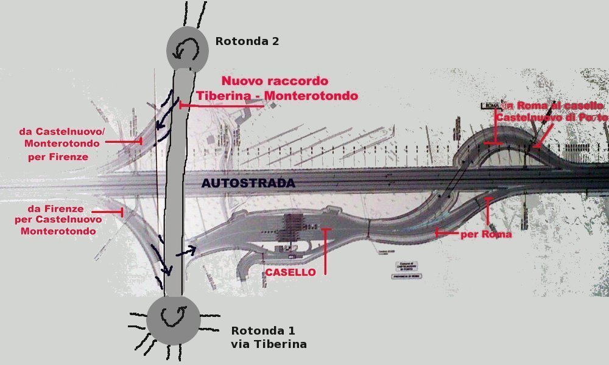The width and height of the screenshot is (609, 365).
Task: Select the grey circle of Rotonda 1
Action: [173, 319]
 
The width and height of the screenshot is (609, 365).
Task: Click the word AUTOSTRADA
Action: [248, 183]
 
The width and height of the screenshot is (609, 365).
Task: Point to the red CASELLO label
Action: [290, 273]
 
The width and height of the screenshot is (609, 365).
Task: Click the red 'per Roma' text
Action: [486, 234]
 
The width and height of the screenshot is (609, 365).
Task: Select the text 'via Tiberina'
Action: [269, 344]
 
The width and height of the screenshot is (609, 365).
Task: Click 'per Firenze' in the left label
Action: [58, 157]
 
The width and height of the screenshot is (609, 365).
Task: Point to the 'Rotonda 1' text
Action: [262, 331]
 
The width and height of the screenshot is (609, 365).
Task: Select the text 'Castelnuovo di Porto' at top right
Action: [551, 116]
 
